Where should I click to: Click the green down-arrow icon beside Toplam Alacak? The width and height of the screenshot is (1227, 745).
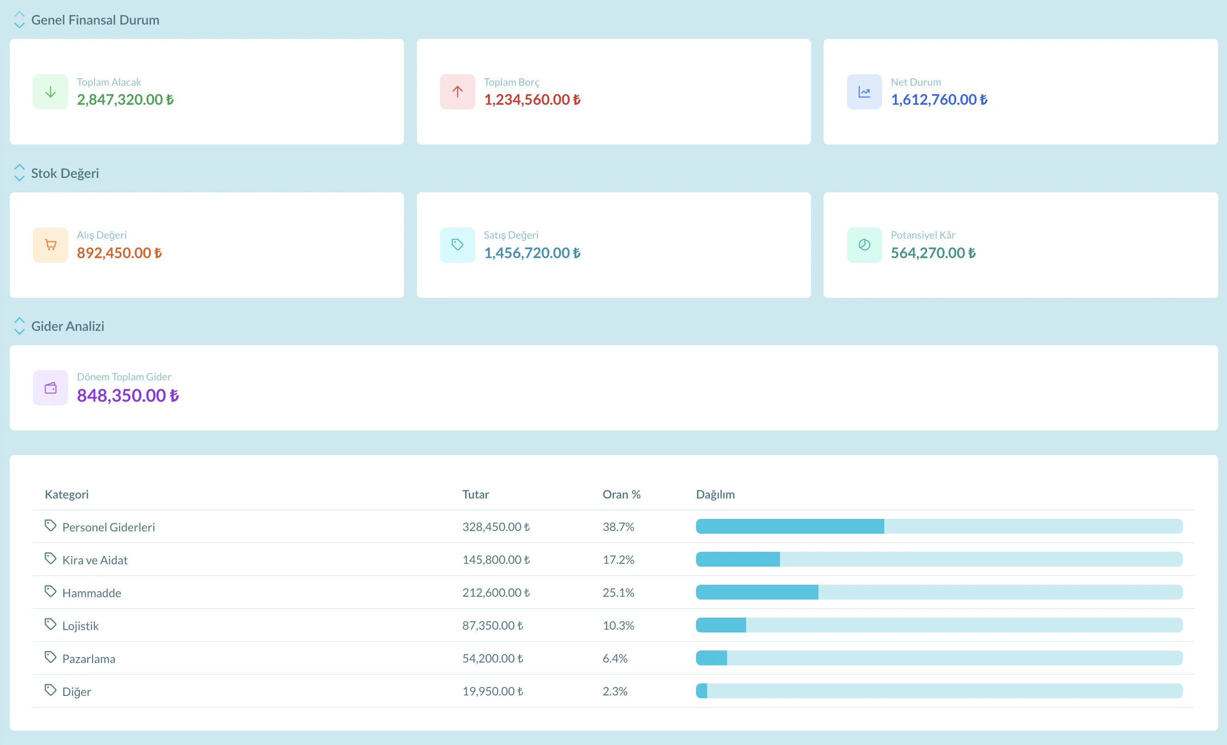coord(50,92)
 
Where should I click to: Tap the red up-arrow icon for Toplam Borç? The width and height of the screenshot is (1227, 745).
coord(457,92)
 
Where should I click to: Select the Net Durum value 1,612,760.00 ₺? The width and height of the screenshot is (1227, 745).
coord(939,100)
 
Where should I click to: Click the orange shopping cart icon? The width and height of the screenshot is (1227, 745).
coord(50,245)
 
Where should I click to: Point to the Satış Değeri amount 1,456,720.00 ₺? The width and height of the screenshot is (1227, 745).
coord(532,253)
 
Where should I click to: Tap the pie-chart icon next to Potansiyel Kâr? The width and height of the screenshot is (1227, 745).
coord(864,245)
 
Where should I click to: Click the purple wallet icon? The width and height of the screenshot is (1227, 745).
coord(50,388)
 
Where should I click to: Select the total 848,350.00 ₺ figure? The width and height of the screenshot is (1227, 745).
coord(128,395)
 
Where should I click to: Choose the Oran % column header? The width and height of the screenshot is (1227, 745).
coord(621,494)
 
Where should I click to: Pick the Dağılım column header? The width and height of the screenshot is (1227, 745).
coord(715,494)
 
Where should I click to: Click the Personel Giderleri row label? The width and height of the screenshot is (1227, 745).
coord(109,527)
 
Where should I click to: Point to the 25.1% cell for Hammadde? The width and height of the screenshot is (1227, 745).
coord(618,592)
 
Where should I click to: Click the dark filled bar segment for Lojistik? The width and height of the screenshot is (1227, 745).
coord(721,625)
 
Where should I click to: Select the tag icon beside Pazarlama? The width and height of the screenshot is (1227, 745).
coord(50,657)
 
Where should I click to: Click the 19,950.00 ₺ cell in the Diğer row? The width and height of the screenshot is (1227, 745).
coord(492,691)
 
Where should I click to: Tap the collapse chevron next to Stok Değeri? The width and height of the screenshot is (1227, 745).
coord(19,173)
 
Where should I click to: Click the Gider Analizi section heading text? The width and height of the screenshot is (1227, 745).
coord(68,326)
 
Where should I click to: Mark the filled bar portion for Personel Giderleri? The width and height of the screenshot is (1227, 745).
coord(790,526)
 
